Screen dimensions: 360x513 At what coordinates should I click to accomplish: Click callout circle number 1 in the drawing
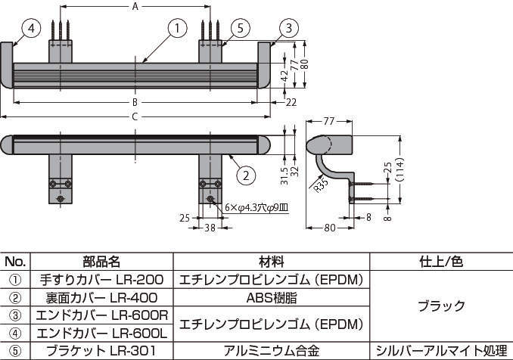[x=176, y=29]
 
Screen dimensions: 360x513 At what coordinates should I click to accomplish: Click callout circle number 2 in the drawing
[x=244, y=175]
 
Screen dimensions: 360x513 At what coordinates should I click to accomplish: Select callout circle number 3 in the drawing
[x=288, y=29]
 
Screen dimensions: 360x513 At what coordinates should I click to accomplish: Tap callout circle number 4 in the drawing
[x=30, y=29]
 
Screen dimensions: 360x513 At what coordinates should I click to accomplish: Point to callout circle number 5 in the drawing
[x=238, y=29]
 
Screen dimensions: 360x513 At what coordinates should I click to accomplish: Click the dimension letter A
[x=135, y=7]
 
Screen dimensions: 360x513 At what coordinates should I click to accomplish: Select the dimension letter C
[x=135, y=116]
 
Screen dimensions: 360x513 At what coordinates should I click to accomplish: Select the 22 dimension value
[x=291, y=101]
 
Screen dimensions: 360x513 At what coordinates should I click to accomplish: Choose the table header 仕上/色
[x=441, y=262]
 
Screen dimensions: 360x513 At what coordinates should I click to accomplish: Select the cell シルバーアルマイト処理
[x=442, y=350]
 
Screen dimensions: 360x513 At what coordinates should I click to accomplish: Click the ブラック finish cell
[x=442, y=306]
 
